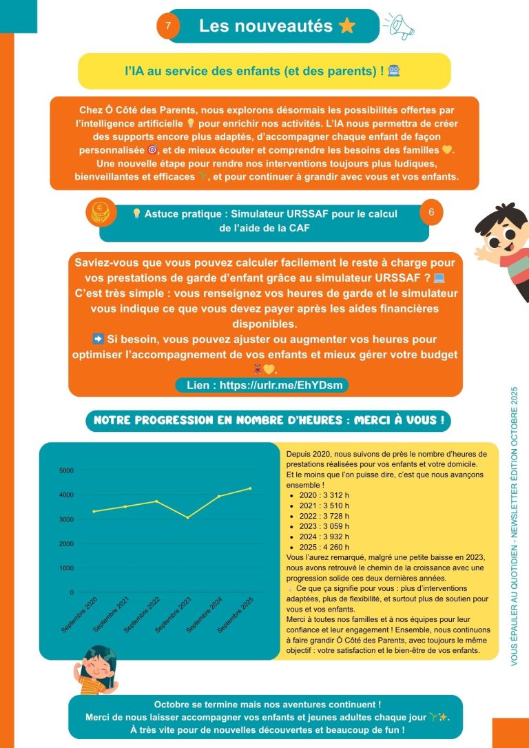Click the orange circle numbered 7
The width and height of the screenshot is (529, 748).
coord(169,27)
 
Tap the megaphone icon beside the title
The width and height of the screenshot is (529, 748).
coord(400,25)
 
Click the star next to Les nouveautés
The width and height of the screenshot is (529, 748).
coord(347,26)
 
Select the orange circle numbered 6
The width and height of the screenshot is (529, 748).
coord(431,213)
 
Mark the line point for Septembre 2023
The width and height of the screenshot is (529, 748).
coord(188,517)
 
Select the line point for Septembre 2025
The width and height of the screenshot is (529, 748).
coord(250,488)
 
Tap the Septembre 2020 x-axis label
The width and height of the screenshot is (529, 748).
coord(81,612)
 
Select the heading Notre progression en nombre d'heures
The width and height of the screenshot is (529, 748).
coord(268,419)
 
